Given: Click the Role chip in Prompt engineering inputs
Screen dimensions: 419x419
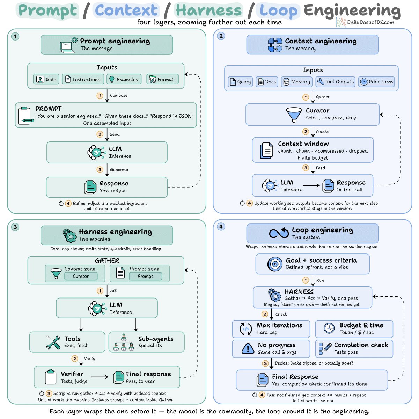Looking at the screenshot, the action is coord(46,79).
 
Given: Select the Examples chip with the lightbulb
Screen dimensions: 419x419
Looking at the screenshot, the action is coord(124,79).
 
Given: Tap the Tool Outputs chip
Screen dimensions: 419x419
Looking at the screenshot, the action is coord(335,82).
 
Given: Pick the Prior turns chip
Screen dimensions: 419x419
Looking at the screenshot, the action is coord(376,82).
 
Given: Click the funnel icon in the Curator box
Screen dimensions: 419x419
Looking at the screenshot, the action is coord(294,115).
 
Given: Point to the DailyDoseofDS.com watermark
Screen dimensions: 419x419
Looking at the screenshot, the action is coord(365,22).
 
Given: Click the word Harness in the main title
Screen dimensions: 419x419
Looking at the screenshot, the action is coord(208,10).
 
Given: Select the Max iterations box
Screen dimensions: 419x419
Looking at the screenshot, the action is coord(271,329).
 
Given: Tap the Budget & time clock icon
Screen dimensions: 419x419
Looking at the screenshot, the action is coord(329,328).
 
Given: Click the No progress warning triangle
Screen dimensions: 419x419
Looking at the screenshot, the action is coord(248,348).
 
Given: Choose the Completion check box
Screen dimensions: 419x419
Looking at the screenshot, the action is coord(354,348).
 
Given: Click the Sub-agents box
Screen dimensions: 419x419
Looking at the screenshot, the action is coord(146,342).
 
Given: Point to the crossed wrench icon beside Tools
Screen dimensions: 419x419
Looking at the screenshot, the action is coord(53,342).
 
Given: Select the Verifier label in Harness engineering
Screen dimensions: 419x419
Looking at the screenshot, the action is coord(72,374).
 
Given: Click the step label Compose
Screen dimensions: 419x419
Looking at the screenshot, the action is coord(119,95).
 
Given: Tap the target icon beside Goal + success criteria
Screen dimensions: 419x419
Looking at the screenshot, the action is coord(275,264).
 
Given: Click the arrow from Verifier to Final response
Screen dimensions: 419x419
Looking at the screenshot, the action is coord(100,377).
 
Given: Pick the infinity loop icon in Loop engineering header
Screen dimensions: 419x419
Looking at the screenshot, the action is coord(279,233).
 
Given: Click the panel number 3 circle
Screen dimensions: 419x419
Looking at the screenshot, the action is coord(15,227).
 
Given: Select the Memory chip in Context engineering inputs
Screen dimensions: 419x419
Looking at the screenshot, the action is coord(296,82).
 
